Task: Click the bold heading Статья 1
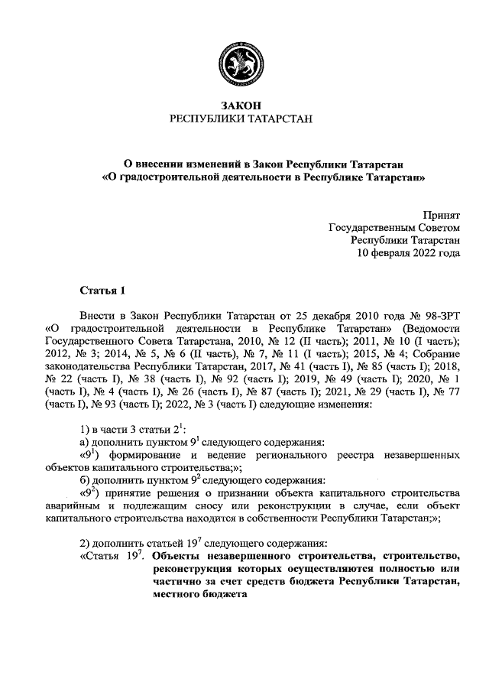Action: click(x=101, y=290)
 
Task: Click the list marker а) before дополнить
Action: click(x=86, y=441)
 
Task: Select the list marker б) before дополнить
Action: click(x=86, y=479)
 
